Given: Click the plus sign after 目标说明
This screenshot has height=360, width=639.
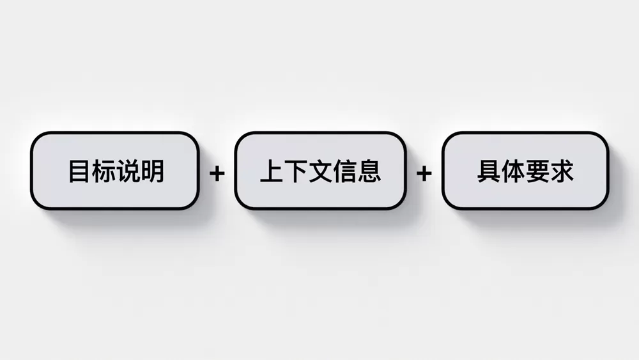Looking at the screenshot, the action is pyautogui.click(x=217, y=174).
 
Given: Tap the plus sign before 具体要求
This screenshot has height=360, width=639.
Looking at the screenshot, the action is pyautogui.click(x=424, y=174).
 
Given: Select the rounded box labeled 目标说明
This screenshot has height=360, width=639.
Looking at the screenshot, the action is pyautogui.click(x=115, y=171).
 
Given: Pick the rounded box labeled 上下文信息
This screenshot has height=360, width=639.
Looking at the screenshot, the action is pyautogui.click(x=320, y=171).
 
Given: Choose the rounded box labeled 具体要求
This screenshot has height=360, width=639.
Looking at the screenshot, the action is pyautogui.click(x=525, y=171).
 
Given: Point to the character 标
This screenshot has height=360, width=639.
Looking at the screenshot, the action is pyautogui.click(x=104, y=171).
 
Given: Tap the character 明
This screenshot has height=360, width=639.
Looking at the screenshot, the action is pyautogui.click(x=153, y=171).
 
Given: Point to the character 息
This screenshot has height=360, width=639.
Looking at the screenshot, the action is pyautogui.click(x=369, y=171).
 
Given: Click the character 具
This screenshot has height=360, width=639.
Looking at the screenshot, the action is pyautogui.click(x=489, y=171).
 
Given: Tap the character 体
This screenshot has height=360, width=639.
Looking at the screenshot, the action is pyautogui.click(x=514, y=171).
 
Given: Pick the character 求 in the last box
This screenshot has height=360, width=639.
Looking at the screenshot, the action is pyautogui.click(x=562, y=171).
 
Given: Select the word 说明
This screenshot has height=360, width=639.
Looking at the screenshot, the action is pyautogui.click(x=140, y=171).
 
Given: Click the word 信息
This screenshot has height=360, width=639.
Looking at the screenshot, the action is pyautogui.click(x=357, y=171).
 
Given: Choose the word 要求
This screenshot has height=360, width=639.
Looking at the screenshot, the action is pyautogui.click(x=550, y=171).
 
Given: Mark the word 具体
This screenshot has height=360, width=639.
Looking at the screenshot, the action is pyautogui.click(x=501, y=171).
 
